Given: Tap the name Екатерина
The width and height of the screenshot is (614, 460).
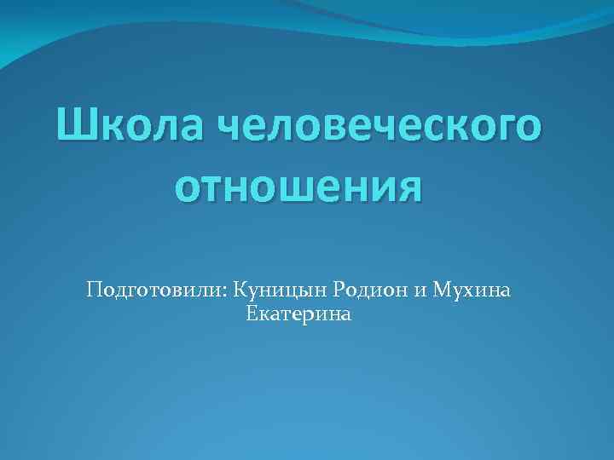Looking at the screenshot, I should pyautogui.click(x=298, y=315).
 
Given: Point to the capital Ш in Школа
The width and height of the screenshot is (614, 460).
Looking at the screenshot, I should pyautogui.click(x=73, y=126).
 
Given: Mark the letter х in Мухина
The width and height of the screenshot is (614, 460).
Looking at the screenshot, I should pyautogui.click(x=475, y=293).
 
